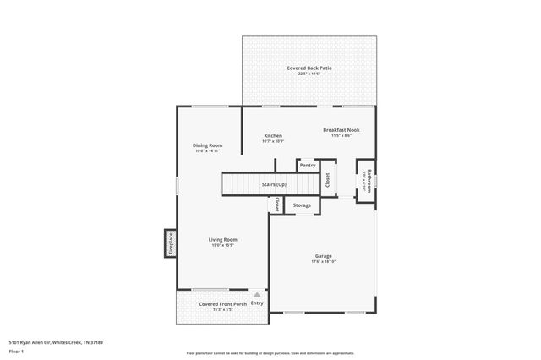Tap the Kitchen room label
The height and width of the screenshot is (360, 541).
pyautogui.click(x=273, y=135)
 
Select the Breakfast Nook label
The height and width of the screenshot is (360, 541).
pyautogui.click(x=342, y=129)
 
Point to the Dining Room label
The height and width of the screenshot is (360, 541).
pyautogui.click(x=208, y=145)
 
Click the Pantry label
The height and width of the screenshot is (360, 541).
pyautogui.click(x=307, y=165)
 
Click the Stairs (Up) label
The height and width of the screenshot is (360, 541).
pyautogui.click(x=274, y=183)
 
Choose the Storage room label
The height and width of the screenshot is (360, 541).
pyautogui.click(x=302, y=205)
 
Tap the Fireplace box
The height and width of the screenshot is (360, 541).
pyautogui.click(x=170, y=243)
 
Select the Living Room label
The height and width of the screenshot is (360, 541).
pyautogui.click(x=222, y=240)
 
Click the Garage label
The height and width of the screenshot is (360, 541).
pyautogui.click(x=323, y=255)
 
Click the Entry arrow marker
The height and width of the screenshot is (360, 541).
pyautogui.click(x=256, y=294)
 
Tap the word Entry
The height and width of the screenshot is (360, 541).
pyautogui.click(x=257, y=303)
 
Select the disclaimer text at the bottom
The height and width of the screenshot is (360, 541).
pyautogui.click(x=270, y=353)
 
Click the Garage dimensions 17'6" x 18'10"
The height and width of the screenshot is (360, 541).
pyautogui.click(x=323, y=261)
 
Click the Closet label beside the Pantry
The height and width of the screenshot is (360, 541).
pyautogui.click(x=328, y=179)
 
